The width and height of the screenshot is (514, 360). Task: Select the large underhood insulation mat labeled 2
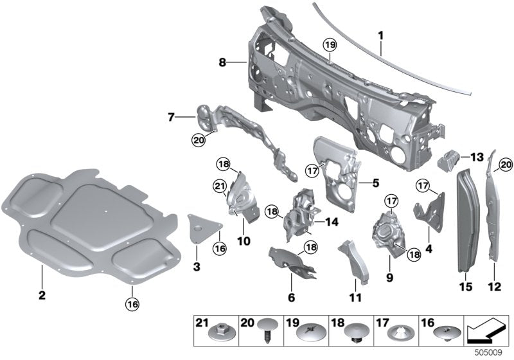tap(90, 225)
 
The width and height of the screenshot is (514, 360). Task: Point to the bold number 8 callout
tap(222, 62)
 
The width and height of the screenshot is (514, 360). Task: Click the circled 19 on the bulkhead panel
tap(329, 45)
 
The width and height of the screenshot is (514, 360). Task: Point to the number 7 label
tap(172, 118)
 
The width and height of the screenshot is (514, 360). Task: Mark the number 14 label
tap(332, 222)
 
